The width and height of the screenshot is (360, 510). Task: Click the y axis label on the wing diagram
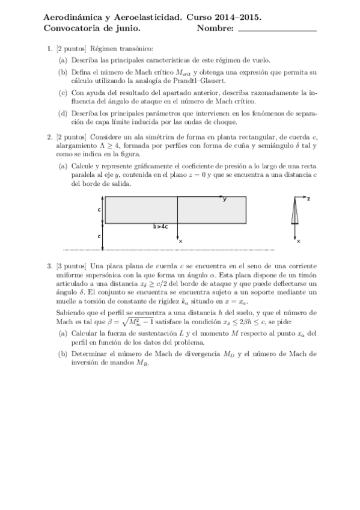(225, 199)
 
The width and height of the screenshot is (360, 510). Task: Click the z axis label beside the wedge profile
(308, 198)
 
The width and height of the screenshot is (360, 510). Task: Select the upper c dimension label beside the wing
(99, 210)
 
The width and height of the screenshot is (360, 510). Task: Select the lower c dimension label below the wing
(99, 236)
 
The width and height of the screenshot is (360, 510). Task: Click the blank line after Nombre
(277, 28)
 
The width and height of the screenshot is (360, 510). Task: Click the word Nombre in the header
(215, 28)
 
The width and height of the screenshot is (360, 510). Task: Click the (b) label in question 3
(63, 354)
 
